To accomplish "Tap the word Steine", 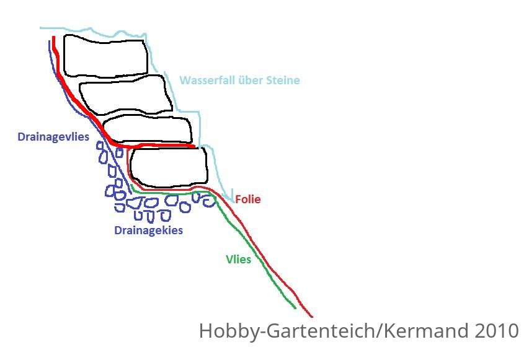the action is coord(283,80).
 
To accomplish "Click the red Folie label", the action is coord(248,200).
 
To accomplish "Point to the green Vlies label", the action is coord(239,259).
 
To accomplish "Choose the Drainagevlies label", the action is coord(53,137).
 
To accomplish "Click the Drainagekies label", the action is coord(148,230).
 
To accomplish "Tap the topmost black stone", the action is coord(105,56).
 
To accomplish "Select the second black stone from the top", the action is coord(125,95).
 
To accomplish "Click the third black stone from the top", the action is coord(148,130).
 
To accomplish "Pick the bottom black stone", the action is coord(169,167).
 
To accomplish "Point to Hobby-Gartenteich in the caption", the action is coord(287,331).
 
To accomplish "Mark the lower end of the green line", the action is coord(295,308).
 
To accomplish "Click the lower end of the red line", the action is coord(312,317).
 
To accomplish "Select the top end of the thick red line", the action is coord(53,37).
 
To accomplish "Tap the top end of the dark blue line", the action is coord(50,41).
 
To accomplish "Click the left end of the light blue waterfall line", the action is coord(40,28).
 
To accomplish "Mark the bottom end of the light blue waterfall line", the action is coord(233,202).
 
